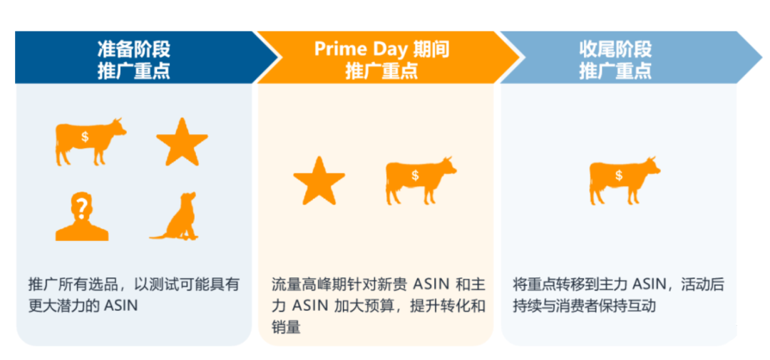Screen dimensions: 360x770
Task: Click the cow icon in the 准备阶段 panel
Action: pos(88,140)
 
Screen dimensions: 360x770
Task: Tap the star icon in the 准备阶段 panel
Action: pos(182,140)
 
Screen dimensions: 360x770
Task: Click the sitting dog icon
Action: pos(175,217)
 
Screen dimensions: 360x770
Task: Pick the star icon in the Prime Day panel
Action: pos(319,180)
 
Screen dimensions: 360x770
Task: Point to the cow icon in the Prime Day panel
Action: pos(419,179)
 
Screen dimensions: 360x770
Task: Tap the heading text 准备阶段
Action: pos(133,49)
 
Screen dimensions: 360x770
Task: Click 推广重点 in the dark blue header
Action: pos(133,71)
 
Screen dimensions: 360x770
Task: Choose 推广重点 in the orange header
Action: pos(381,71)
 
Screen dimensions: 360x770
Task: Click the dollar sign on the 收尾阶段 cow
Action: pos(618,175)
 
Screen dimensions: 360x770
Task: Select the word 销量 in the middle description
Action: pos(287,328)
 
